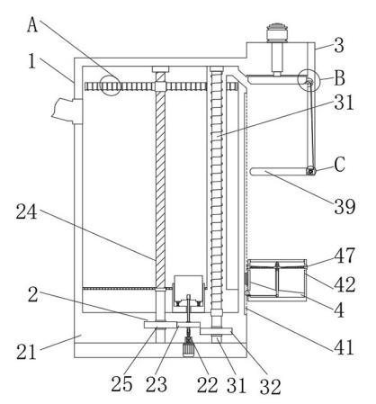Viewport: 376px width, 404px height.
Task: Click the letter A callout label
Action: click(x=32, y=24)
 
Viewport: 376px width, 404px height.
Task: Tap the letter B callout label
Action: click(x=340, y=77)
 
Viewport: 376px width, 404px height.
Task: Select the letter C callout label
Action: click(x=340, y=165)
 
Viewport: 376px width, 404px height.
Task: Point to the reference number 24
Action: click(x=27, y=211)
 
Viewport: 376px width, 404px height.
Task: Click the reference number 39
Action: click(x=345, y=207)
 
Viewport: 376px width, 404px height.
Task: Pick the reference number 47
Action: click(x=345, y=256)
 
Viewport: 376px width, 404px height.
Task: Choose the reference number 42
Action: click(x=345, y=284)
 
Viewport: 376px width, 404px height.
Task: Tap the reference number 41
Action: click(x=345, y=347)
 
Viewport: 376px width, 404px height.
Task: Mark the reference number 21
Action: click(x=26, y=352)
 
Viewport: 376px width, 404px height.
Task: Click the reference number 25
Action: click(x=121, y=384)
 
